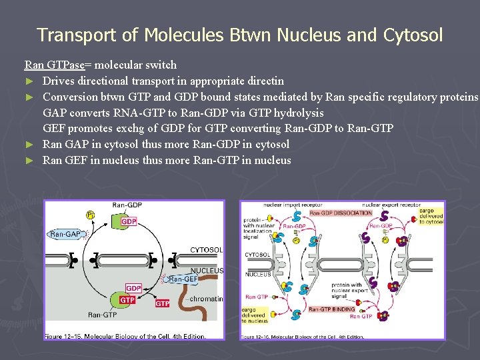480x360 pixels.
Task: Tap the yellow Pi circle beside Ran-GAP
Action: [90, 215]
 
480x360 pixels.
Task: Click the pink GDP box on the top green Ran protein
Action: [129, 222]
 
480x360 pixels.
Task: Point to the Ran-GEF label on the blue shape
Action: [184, 279]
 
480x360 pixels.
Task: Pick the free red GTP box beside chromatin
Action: [162, 303]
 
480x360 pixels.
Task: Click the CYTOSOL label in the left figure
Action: [206, 250]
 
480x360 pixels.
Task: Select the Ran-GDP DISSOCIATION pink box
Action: [340, 213]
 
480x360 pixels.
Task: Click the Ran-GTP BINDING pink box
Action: [331, 309]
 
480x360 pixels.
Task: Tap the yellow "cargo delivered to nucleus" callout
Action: [254, 314]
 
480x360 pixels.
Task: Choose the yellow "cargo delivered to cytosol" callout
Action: [430, 216]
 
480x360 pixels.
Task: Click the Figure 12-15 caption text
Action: [125, 336]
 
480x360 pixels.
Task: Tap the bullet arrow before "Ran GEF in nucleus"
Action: [29, 161]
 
